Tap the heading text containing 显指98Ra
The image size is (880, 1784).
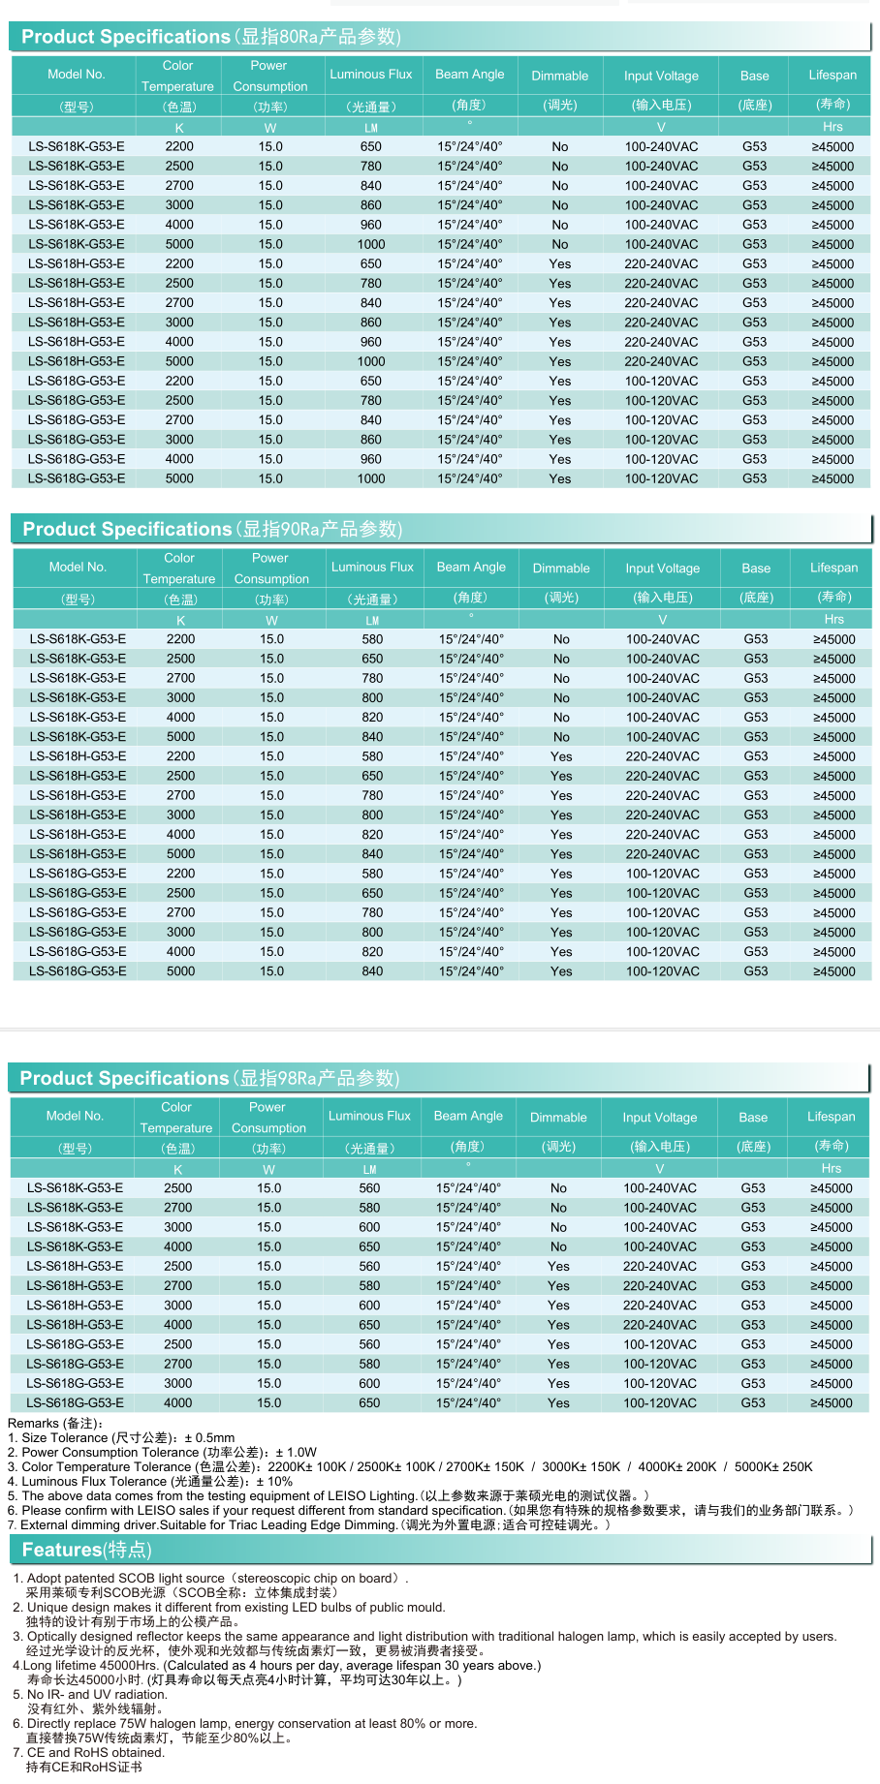coord(209,1078)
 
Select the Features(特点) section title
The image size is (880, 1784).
coord(86,1550)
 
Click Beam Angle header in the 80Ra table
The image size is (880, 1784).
coord(469,75)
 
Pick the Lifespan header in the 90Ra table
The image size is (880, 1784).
coord(833,568)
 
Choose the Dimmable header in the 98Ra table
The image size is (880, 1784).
coord(558,1117)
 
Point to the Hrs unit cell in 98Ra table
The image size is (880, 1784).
coord(832,1168)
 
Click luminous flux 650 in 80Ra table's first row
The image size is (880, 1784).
coord(371,147)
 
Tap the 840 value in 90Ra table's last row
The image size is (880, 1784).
coord(372,971)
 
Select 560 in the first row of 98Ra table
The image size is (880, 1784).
coord(369,1188)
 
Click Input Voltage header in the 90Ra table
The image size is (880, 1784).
coord(662,569)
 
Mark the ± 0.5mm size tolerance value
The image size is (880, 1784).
coord(209,1438)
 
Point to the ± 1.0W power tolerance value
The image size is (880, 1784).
coord(296,1453)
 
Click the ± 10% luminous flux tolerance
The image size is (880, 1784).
coord(274,1482)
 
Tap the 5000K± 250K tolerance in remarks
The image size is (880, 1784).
coord(773,1467)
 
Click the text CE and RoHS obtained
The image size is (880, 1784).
coord(96,1753)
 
